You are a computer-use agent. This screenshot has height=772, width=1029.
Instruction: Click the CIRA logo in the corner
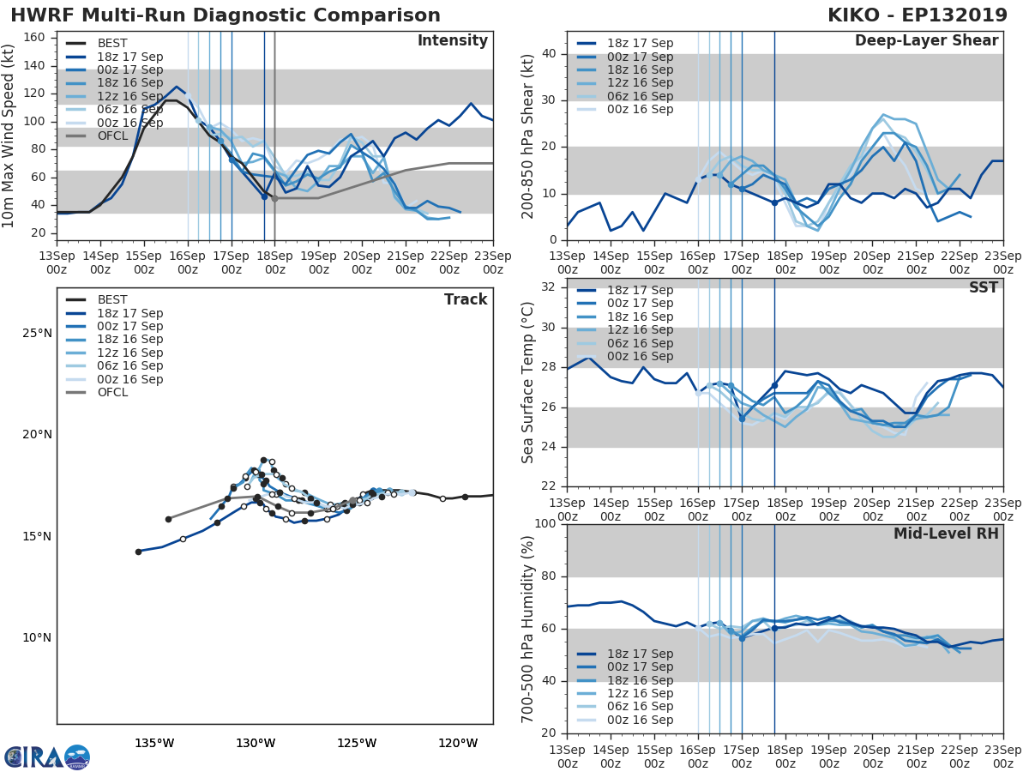47,757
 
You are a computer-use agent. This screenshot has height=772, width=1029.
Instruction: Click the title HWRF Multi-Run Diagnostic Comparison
226,15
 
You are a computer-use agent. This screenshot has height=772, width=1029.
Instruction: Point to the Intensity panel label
452,41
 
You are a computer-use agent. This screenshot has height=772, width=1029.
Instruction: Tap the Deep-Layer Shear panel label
926,41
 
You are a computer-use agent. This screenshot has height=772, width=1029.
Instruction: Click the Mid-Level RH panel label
946,534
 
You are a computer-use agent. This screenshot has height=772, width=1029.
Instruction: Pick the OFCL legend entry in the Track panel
111,393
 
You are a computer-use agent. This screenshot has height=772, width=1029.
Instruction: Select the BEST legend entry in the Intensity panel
111,43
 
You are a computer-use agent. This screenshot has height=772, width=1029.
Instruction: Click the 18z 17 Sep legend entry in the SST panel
640,290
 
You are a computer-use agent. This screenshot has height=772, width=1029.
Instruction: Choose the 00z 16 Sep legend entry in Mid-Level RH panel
640,721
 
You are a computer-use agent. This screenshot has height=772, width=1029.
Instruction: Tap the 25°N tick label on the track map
37,333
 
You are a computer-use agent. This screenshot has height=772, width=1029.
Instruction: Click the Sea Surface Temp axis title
528,383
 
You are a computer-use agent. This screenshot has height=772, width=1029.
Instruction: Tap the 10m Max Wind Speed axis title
9,130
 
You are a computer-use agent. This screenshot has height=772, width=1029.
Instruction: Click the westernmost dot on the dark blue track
138,552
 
